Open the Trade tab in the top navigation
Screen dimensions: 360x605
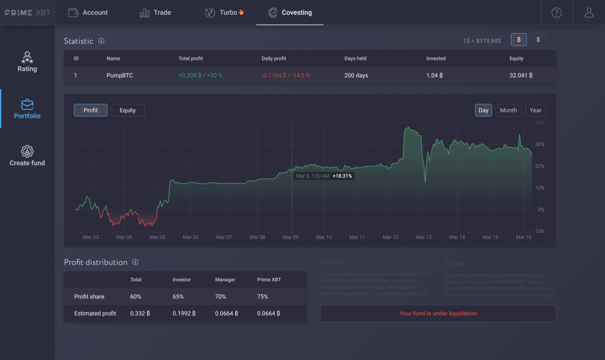point(155,12)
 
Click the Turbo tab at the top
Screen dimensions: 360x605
point(225,12)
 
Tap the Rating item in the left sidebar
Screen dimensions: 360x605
point(27,61)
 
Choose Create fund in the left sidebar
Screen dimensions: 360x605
point(27,156)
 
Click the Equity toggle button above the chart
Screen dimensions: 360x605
point(128,111)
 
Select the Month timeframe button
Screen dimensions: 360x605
point(508,111)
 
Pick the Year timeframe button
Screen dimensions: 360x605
point(535,111)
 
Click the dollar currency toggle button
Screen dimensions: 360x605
point(538,40)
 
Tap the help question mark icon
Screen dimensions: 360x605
point(557,12)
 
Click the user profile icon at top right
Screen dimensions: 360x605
point(588,12)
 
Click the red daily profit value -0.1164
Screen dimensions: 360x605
point(286,76)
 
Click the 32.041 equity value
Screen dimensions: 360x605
point(521,76)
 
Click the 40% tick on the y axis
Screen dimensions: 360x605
point(539,123)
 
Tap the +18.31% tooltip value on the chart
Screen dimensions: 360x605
point(342,176)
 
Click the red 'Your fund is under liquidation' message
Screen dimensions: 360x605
point(438,313)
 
